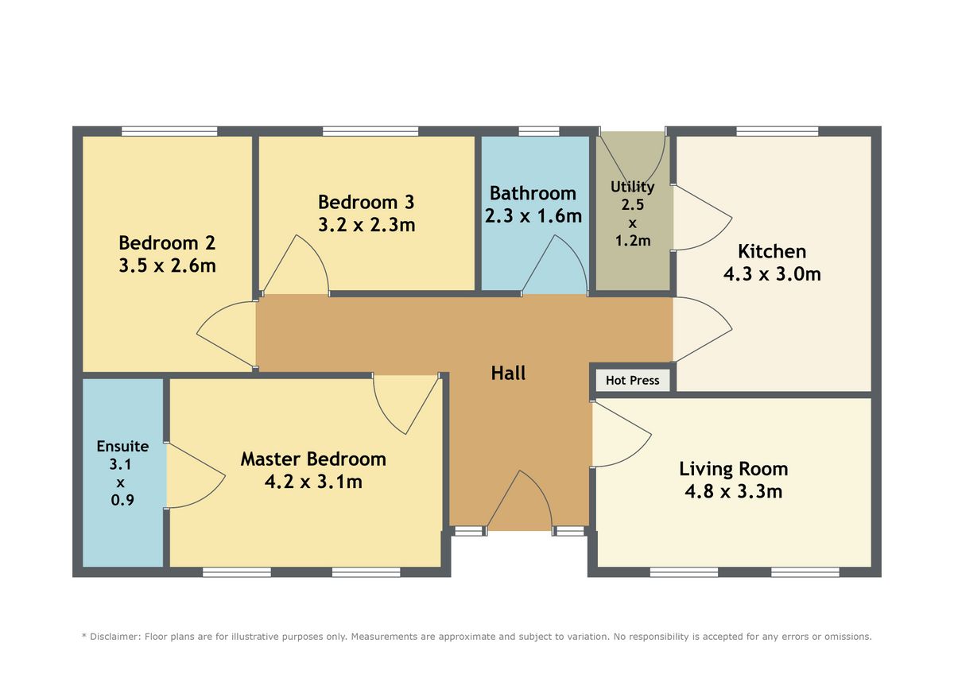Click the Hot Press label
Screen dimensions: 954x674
[632, 380]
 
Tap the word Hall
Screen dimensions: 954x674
[508, 373]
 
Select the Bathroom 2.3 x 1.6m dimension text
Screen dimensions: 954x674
[533, 216]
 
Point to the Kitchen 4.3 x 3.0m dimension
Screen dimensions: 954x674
[772, 273]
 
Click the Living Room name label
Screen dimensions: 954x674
[733, 469]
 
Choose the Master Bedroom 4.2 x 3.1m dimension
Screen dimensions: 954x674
[313, 482]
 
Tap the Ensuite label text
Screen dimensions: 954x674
[122, 446]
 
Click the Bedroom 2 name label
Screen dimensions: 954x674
[167, 243]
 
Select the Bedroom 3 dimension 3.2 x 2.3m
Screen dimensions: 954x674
[366, 225]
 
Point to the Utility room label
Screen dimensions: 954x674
[633, 187]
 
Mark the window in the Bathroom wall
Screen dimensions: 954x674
[539, 131]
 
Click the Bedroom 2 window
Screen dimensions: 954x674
[169, 131]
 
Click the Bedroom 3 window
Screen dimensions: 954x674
[370, 131]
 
